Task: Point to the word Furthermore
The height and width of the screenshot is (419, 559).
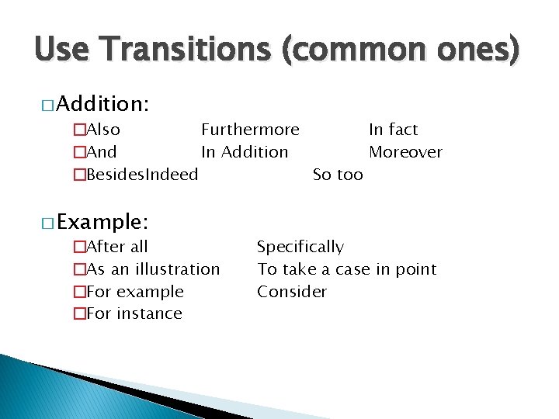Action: tap(250, 130)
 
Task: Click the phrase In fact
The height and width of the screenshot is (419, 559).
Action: tap(393, 130)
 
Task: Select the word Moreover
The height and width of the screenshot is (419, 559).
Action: tap(405, 152)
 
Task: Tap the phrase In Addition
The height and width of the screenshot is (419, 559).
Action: tap(245, 152)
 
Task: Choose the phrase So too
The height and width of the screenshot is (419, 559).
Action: tap(338, 175)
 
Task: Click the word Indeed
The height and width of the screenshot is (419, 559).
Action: tap(172, 175)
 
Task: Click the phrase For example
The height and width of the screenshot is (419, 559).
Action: tap(135, 292)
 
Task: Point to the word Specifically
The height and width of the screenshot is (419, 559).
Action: tap(300, 247)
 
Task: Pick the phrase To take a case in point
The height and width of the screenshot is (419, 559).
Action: tap(347, 269)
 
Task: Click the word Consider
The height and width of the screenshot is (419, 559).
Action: tap(292, 292)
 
